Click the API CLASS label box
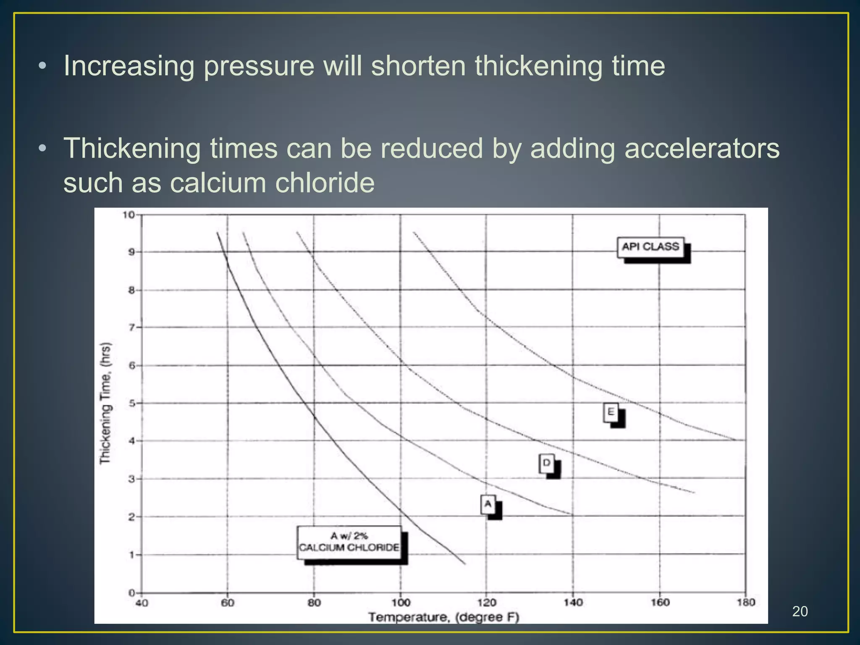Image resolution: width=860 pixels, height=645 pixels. [650, 247]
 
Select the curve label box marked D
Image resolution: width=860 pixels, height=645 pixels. [547, 463]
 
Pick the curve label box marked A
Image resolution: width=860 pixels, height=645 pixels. [488, 504]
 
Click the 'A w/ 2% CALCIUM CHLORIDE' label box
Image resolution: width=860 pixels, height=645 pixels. [349, 542]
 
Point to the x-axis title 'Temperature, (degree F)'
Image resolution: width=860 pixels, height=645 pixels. [444, 617]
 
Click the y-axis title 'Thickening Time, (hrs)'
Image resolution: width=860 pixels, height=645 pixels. [105, 403]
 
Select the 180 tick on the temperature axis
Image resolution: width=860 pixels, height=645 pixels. [746, 603]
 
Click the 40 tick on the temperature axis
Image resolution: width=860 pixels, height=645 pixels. [142, 603]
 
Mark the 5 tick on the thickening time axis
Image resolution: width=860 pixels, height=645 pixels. [131, 404]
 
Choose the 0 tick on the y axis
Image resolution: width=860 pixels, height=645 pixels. [131, 593]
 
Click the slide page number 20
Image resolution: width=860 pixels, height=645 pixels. [800, 611]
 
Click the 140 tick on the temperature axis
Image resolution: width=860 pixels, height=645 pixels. [573, 603]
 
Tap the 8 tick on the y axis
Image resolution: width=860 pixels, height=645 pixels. [131, 290]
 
